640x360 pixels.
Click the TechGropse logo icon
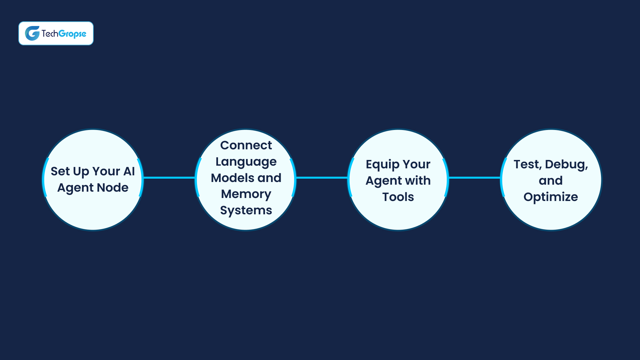tap(32, 33)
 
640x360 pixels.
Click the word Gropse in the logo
tap(72, 34)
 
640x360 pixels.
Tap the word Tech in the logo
tap(50, 33)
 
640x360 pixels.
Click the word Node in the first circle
tap(112, 188)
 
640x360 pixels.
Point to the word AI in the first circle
tap(129, 171)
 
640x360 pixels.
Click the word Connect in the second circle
tap(246, 145)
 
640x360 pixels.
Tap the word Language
tap(246, 162)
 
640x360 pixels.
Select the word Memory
tap(246, 194)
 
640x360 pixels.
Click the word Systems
tap(246, 211)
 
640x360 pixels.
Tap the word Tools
tap(398, 197)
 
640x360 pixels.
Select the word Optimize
tap(551, 197)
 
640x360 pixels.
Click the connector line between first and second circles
tap(169, 178)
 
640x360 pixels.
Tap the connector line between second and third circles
tap(322, 178)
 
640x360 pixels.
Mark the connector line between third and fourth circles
tap(474, 178)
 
